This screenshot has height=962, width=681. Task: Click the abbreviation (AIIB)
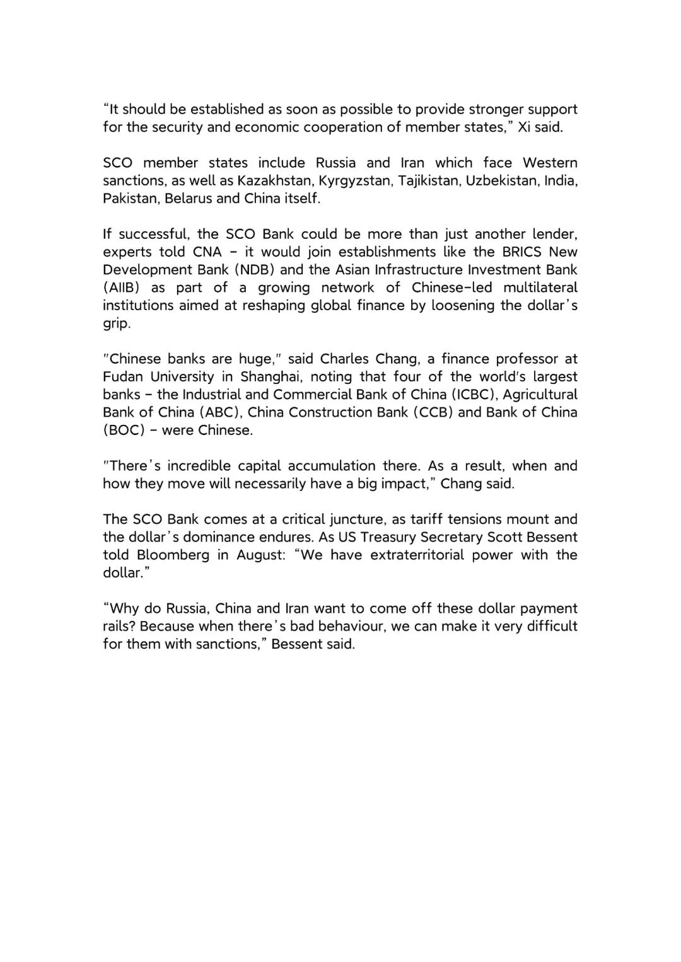point(121,288)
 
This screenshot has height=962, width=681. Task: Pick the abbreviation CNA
point(207,252)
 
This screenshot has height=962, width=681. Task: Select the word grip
point(117,324)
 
